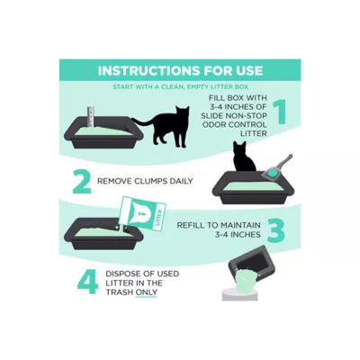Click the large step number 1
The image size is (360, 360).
(x=280, y=112)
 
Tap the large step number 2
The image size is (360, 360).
(x=82, y=181)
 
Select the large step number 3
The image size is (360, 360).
(x=275, y=230)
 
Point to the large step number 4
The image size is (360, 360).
(x=87, y=282)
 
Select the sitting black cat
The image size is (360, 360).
(x=244, y=157)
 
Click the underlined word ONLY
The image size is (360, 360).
(x=147, y=292)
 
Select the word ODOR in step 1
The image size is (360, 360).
(x=212, y=124)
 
